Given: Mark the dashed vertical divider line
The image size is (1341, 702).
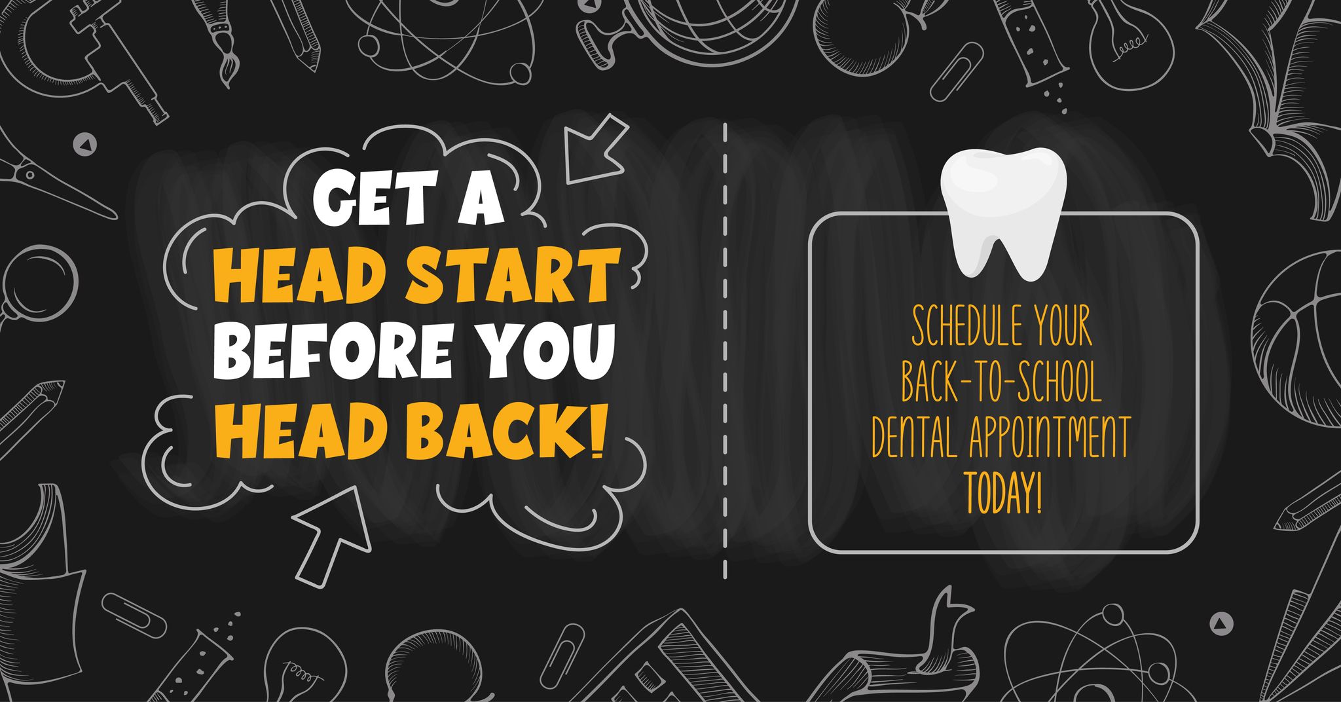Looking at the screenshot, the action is (x=725, y=350).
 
